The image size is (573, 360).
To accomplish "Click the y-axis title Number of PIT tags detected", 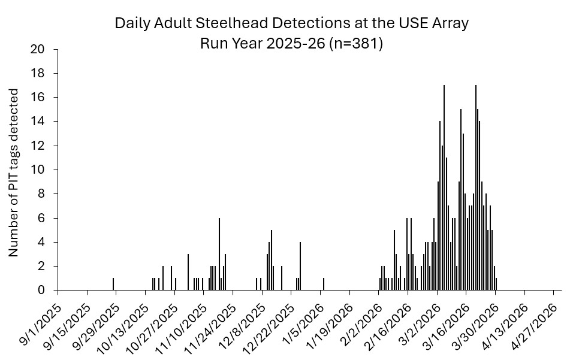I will coord(14,173).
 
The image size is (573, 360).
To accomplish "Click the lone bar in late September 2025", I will coord(113,284).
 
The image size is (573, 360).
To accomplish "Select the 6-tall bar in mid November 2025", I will coord(219,254).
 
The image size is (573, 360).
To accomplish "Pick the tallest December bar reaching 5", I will coord(272,260).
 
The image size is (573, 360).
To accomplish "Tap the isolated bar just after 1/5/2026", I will coord(324,284).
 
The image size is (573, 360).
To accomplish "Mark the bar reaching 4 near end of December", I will coord(300,266).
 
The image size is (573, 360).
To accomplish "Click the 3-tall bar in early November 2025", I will coord(188,272).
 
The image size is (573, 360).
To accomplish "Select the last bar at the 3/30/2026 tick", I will coord(496,284).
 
